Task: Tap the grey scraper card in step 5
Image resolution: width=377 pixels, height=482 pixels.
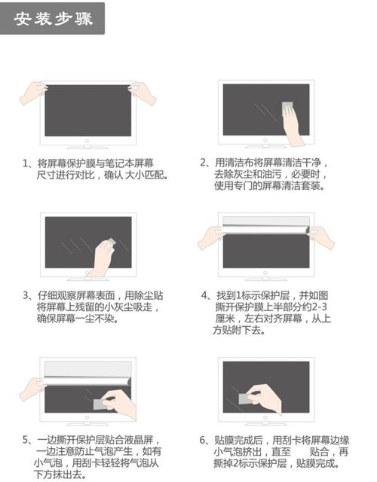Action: [102, 405]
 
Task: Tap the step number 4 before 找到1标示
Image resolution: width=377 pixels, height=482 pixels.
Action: [205, 295]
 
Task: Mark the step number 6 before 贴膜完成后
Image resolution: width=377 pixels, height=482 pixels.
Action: [204, 441]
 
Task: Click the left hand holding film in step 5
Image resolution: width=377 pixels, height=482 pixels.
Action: [32, 388]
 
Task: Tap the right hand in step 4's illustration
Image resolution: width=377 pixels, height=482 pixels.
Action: [320, 236]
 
